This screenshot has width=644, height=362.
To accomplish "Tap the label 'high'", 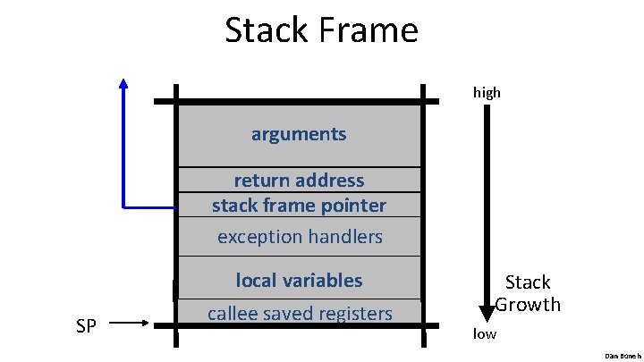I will point(487,92).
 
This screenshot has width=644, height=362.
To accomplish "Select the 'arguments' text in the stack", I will point(299,134).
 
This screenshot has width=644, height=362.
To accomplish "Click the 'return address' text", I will point(299,181).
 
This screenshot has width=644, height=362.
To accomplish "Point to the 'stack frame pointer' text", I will point(299,206).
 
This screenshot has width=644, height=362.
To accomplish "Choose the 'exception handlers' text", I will point(299,237).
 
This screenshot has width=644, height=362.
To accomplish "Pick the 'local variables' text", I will point(299,281).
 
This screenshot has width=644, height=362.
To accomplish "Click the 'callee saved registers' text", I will point(299,313).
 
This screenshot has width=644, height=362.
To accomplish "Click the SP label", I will point(87,326).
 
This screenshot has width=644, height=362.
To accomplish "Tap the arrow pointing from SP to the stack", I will point(133,325).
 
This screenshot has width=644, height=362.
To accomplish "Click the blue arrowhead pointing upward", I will point(123,84).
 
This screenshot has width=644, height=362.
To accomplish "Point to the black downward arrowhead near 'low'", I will point(487,313).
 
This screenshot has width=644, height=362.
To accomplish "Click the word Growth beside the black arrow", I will point(528,305).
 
